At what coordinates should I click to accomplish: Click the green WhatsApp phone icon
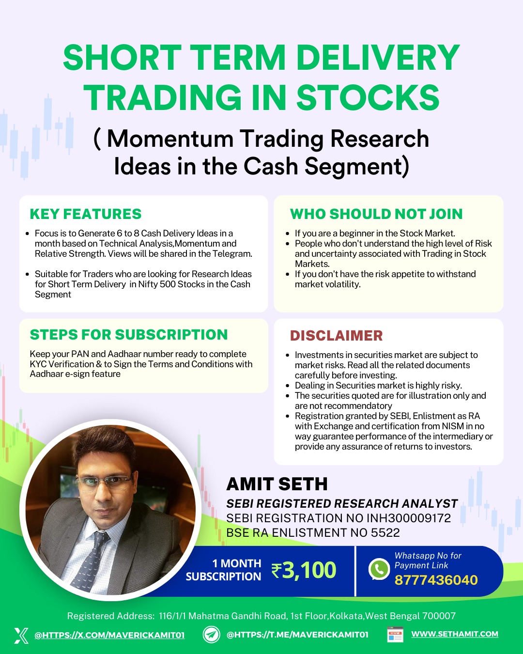(379, 569)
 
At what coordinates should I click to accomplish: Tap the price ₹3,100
(304, 570)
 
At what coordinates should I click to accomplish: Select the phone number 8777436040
(436, 580)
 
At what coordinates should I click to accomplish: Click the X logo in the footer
(21, 636)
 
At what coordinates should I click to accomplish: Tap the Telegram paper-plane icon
(211, 635)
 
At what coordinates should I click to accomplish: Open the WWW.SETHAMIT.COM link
(455, 634)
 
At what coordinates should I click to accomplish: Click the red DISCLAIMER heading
(336, 336)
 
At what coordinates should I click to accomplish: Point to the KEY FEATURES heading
(86, 214)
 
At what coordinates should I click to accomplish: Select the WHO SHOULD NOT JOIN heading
(376, 214)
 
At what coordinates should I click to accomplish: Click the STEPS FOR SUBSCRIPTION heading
(129, 335)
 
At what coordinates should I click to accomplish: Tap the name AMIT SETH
(277, 484)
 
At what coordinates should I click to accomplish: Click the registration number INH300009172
(409, 518)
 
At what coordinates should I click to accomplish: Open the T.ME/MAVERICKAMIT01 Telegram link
(297, 635)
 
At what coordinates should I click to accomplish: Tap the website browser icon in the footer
(395, 634)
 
